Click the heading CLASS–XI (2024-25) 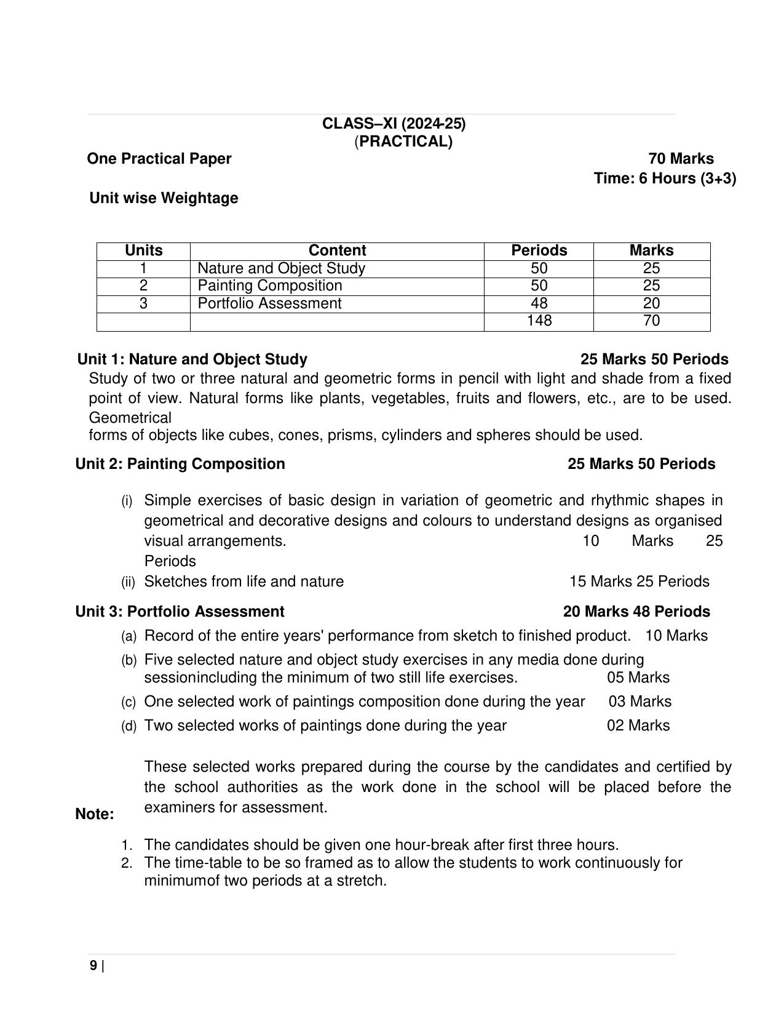coord(394,124)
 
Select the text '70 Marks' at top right coord(681,159)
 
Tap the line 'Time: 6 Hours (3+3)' coord(665,178)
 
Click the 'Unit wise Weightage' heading coord(164,198)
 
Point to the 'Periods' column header coord(539,250)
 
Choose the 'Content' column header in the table coord(337,250)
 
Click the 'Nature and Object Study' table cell coord(281,268)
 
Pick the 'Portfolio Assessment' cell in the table coord(269,303)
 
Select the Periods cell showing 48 coord(539,303)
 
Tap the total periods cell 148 coord(539,321)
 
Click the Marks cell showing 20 coord(651,303)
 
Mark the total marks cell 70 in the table coord(651,321)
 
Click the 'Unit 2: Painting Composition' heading coord(180,464)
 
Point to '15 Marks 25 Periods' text coord(639,582)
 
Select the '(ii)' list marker coord(128,582)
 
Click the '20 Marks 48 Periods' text coord(636,612)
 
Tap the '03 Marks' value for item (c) coord(640,702)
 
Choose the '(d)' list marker coord(129,726)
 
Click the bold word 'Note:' coord(95,814)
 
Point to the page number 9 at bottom coord(93,966)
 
